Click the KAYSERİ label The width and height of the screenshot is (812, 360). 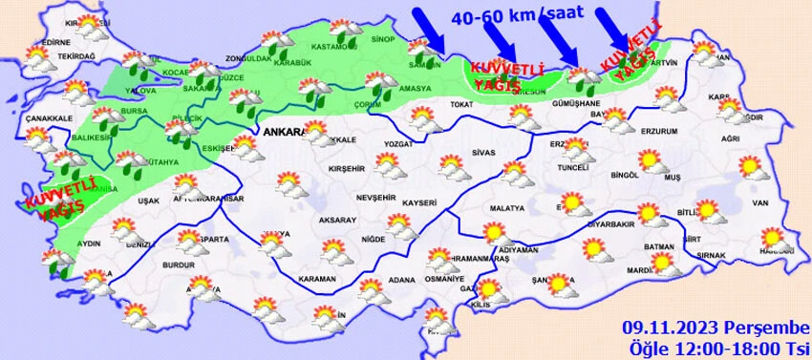(418, 202)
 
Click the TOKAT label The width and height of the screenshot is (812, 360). (461, 105)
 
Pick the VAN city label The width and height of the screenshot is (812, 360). (761, 202)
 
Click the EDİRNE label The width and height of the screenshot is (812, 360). (31, 43)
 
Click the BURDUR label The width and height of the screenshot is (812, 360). (179, 265)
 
